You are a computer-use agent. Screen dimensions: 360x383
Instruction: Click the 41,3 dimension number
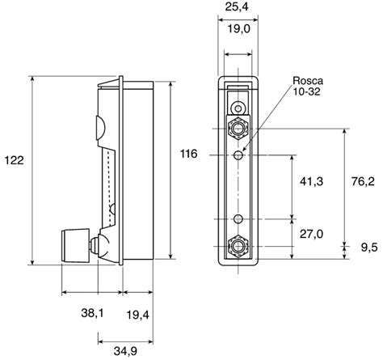click(311, 183)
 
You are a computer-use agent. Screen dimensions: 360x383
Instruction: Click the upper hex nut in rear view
click(238, 127)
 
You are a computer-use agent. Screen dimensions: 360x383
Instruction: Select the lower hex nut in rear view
click(238, 244)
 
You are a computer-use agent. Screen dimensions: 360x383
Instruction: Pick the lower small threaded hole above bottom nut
click(238, 218)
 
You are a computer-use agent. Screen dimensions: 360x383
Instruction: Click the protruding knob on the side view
click(75, 242)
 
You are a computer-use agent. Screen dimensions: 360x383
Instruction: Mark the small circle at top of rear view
click(238, 108)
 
